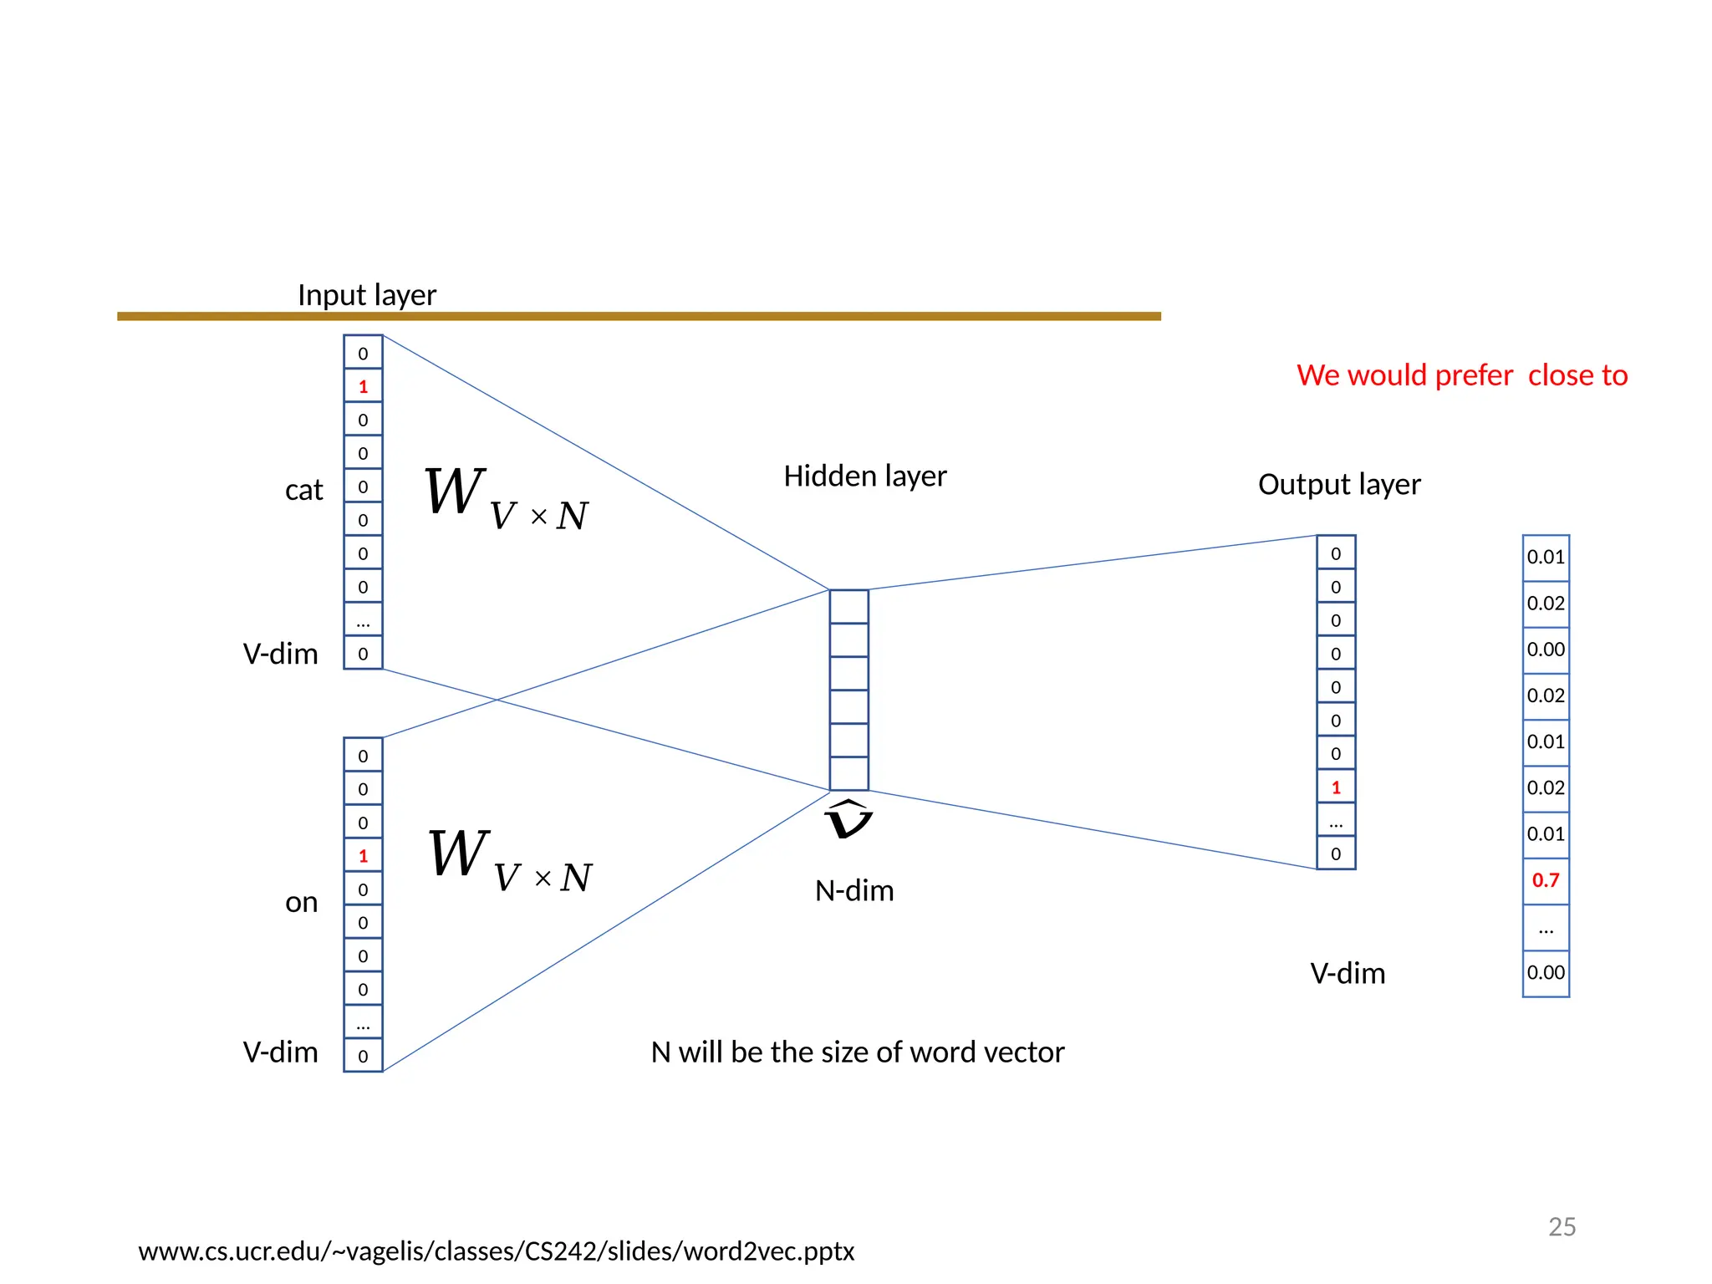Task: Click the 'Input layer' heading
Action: [x=367, y=295]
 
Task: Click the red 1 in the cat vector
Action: [x=363, y=386]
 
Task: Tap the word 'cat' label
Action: [x=303, y=490]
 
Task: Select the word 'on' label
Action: [x=302, y=903]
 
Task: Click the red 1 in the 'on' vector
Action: [x=363, y=856]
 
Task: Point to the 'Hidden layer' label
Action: [x=864, y=476]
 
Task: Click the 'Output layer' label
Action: [x=1339, y=485]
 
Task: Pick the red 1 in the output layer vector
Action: [x=1336, y=787]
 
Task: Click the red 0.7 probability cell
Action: [x=1546, y=880]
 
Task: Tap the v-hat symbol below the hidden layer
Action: [x=848, y=820]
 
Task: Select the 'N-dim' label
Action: [x=854, y=891]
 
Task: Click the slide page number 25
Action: [x=1562, y=1226]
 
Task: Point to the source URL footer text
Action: [x=496, y=1251]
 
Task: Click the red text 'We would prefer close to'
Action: [x=1462, y=375]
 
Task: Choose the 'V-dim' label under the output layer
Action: [x=1348, y=974]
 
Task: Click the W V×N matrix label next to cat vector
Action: [x=506, y=499]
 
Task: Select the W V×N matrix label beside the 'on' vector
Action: [x=509, y=862]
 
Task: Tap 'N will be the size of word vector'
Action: [x=858, y=1052]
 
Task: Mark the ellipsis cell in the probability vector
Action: [x=1546, y=928]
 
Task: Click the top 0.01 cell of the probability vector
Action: [x=1546, y=558]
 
